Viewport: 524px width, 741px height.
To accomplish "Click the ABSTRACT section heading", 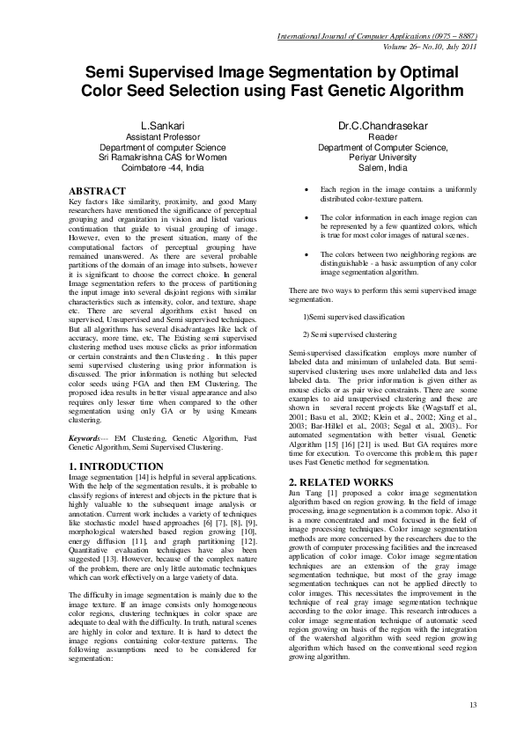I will click(99, 190).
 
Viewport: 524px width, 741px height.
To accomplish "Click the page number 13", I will click(473, 704).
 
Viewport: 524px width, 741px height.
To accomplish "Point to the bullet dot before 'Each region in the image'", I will click(305, 190).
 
